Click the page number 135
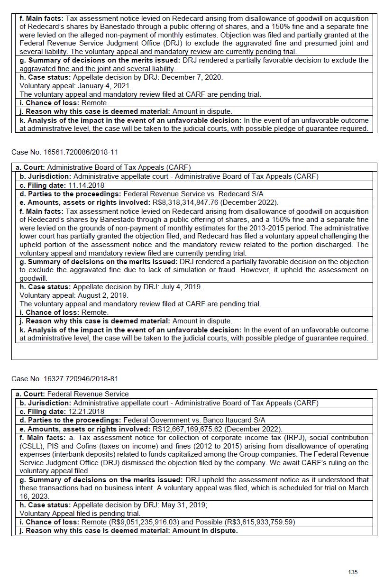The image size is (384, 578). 353,572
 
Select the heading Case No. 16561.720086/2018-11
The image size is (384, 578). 65,152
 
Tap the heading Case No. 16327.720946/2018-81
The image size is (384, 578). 65,379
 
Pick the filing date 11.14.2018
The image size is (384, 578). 86,185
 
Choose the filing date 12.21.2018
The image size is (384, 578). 86,412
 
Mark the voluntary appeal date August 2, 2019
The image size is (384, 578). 103,295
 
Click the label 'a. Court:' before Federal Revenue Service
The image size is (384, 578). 30,394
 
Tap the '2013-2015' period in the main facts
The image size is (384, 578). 267,228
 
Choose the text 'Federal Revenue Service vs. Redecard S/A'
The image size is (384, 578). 193,194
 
